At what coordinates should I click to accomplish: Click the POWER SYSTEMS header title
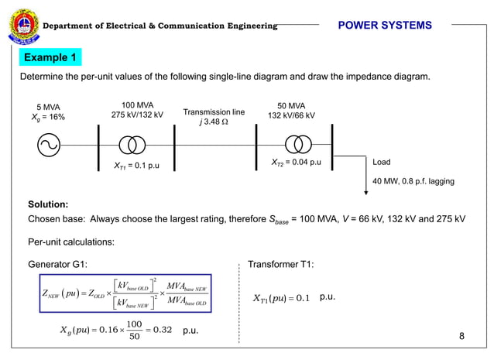(385, 26)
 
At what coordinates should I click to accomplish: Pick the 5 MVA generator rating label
(48, 107)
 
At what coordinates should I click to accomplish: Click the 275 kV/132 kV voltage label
(138, 115)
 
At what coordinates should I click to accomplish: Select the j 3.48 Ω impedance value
(214, 122)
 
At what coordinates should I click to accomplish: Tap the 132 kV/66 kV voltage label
(291, 115)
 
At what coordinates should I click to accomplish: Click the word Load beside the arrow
(382, 163)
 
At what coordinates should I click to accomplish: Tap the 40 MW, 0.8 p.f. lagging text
(413, 181)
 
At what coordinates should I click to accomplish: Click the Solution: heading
(48, 204)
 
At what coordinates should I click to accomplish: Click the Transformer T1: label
(280, 264)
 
